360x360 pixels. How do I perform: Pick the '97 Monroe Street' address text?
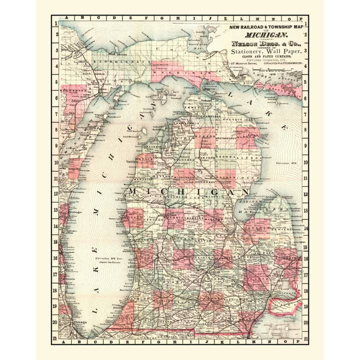[x=243, y=64]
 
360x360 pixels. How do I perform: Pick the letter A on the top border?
[x=64, y=18]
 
